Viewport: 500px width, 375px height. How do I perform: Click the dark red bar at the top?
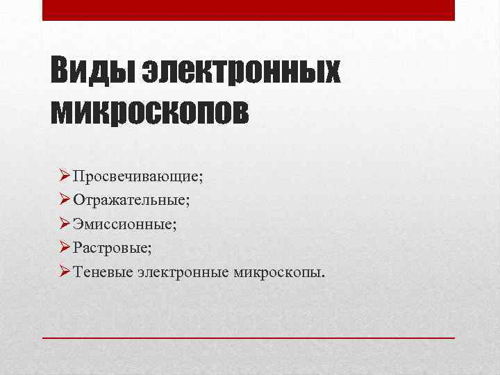249,10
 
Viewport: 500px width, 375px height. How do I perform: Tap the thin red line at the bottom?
249,337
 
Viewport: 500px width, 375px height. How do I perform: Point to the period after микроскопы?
322,275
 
